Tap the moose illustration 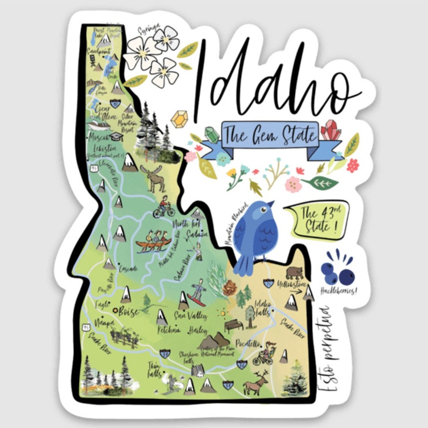(x=155, y=178)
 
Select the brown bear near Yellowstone (x=294, y=273)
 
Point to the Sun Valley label (x=191, y=316)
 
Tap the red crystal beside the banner (x=331, y=130)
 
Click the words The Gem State (x=271, y=135)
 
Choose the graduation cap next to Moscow (x=116, y=136)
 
